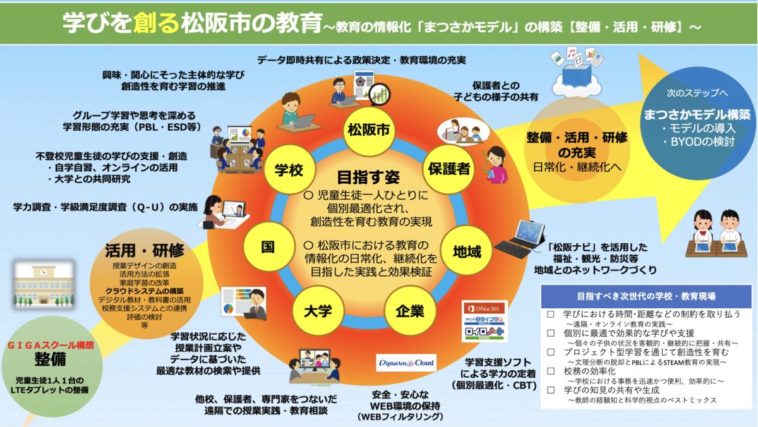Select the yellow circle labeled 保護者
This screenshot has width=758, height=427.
(x=449, y=169)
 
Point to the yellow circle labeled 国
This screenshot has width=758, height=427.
(x=268, y=246)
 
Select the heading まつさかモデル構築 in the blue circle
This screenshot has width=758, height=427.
(x=697, y=115)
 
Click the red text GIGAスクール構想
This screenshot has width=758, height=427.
(x=51, y=346)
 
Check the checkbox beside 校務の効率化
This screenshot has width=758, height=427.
(x=551, y=372)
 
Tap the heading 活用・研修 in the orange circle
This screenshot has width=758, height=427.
(x=144, y=250)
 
